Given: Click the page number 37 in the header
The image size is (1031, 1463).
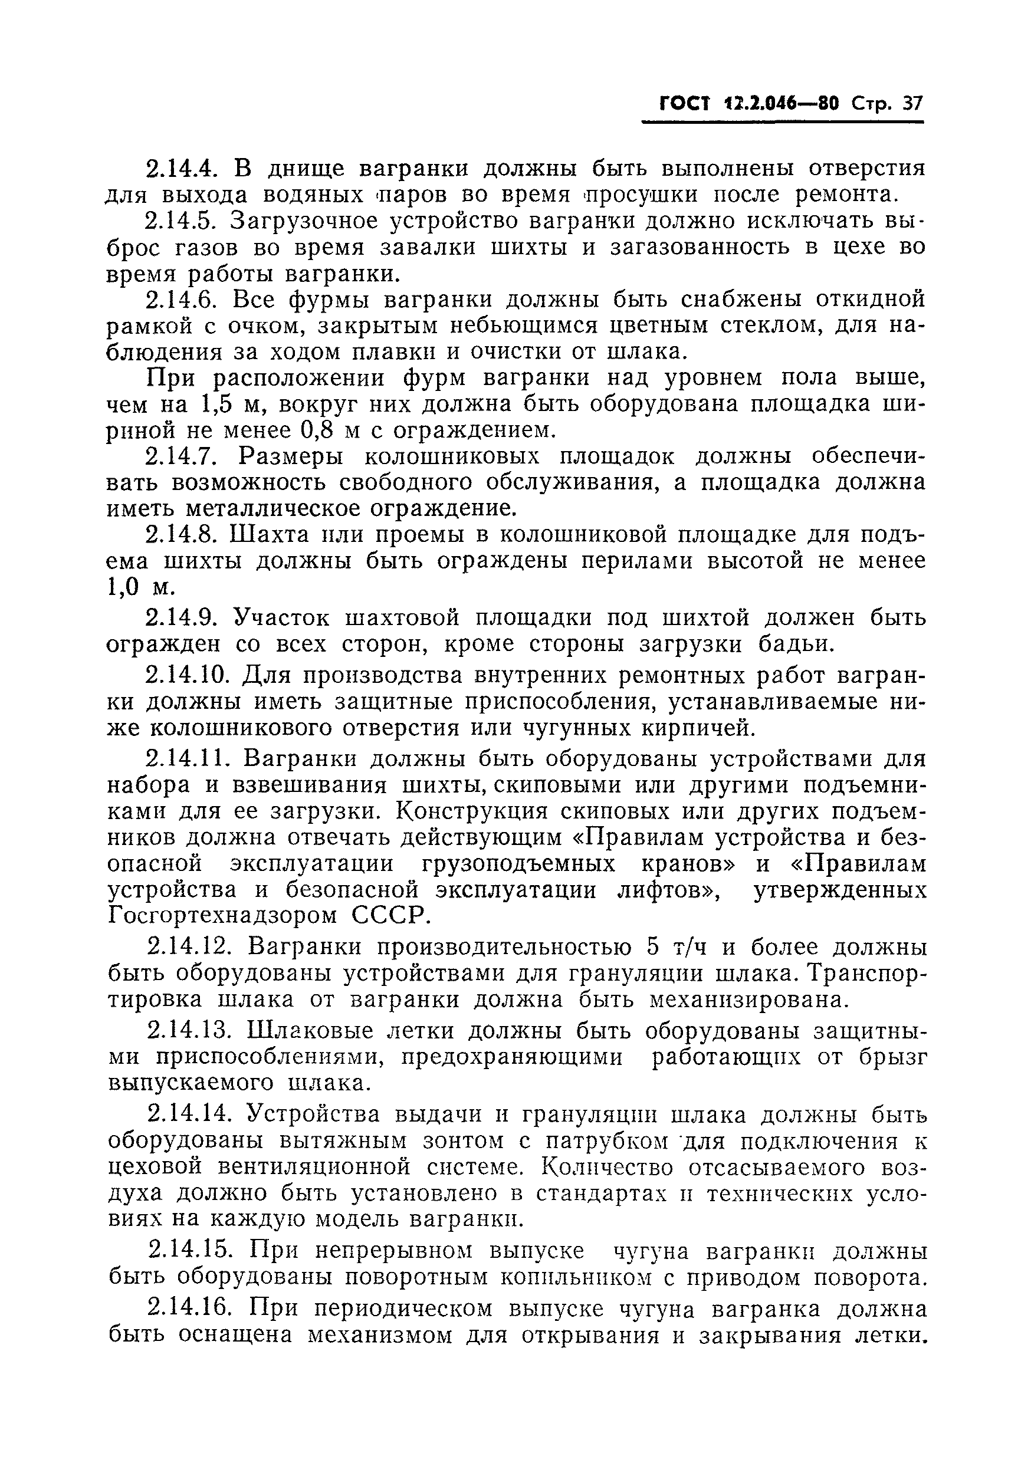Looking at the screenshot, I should [912, 104].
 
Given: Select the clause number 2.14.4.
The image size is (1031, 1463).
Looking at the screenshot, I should [183, 169].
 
